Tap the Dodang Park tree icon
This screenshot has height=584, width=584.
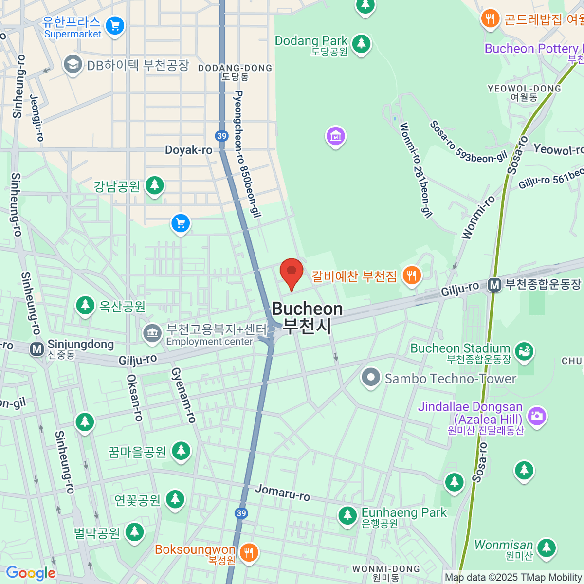click(361, 44)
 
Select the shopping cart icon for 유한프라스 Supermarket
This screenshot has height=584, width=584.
click(115, 26)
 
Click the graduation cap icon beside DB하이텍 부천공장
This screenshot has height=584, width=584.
click(73, 64)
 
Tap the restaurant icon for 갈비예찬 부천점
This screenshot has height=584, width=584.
click(412, 275)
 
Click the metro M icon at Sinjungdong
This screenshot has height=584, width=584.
click(37, 349)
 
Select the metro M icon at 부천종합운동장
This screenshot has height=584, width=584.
click(494, 285)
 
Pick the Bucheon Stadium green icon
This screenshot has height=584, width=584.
click(524, 351)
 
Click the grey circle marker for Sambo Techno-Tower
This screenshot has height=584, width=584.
click(371, 377)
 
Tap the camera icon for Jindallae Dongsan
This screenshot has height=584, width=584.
click(537, 416)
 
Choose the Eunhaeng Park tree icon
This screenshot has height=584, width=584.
click(347, 515)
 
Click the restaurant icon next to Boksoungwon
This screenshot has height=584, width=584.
click(249, 552)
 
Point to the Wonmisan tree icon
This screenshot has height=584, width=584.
click(546, 547)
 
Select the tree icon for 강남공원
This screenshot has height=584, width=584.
click(155, 185)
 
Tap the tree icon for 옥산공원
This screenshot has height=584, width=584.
click(85, 306)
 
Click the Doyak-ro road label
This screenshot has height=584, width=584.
click(189, 150)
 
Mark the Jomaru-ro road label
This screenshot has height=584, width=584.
click(282, 492)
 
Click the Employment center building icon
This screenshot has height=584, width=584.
click(152, 334)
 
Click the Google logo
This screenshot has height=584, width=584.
click(31, 573)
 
